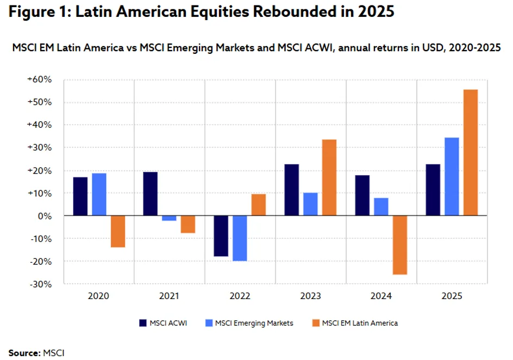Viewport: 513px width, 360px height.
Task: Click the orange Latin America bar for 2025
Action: tap(471, 152)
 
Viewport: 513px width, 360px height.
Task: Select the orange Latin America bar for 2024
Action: tap(400, 245)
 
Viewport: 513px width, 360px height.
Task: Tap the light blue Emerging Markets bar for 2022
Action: tap(240, 238)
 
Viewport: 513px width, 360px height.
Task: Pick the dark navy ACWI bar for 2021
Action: tap(150, 194)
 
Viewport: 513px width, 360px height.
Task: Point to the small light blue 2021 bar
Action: tap(169, 218)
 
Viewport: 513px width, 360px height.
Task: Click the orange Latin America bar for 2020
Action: tap(118, 231)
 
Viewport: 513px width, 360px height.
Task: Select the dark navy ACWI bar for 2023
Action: tap(291, 190)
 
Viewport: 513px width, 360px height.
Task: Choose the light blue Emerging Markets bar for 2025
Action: tap(452, 177)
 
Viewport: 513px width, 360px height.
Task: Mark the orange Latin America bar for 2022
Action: tap(259, 205)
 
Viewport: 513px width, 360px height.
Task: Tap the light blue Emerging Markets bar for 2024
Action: tap(381, 207)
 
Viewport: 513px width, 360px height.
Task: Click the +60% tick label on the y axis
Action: tap(39, 79)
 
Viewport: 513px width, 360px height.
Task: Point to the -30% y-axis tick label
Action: tap(41, 284)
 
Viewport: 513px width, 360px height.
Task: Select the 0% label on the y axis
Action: tap(45, 216)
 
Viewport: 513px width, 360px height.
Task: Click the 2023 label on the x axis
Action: tap(310, 296)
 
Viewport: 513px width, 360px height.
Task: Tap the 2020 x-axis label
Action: tap(98, 296)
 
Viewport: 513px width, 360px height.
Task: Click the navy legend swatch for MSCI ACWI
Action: tap(143, 323)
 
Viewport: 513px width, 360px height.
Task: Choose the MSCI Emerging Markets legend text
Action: tap(254, 323)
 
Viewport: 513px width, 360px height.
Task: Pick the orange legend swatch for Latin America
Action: tap(316, 323)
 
